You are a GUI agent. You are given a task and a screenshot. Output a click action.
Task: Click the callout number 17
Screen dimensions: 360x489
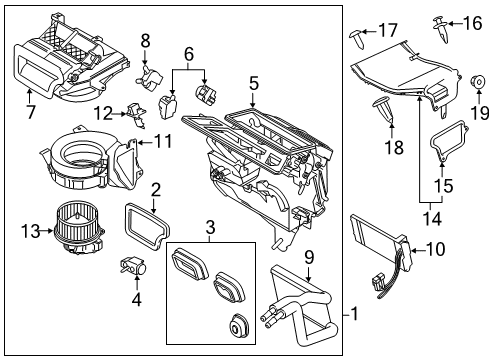click(x=388, y=31)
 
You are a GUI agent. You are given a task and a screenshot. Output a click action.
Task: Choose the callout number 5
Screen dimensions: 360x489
click(x=254, y=84)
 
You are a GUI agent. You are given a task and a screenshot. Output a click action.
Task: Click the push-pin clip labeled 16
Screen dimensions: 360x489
click(x=440, y=26)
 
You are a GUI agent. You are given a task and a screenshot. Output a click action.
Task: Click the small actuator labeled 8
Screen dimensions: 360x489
click(x=153, y=75)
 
